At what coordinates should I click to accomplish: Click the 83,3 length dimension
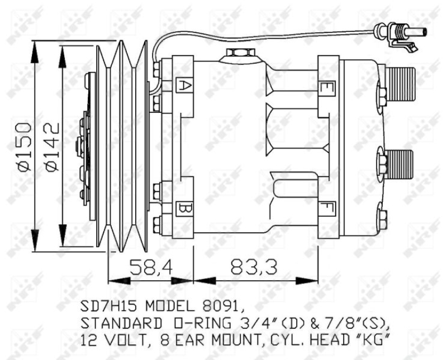click(253, 267)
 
